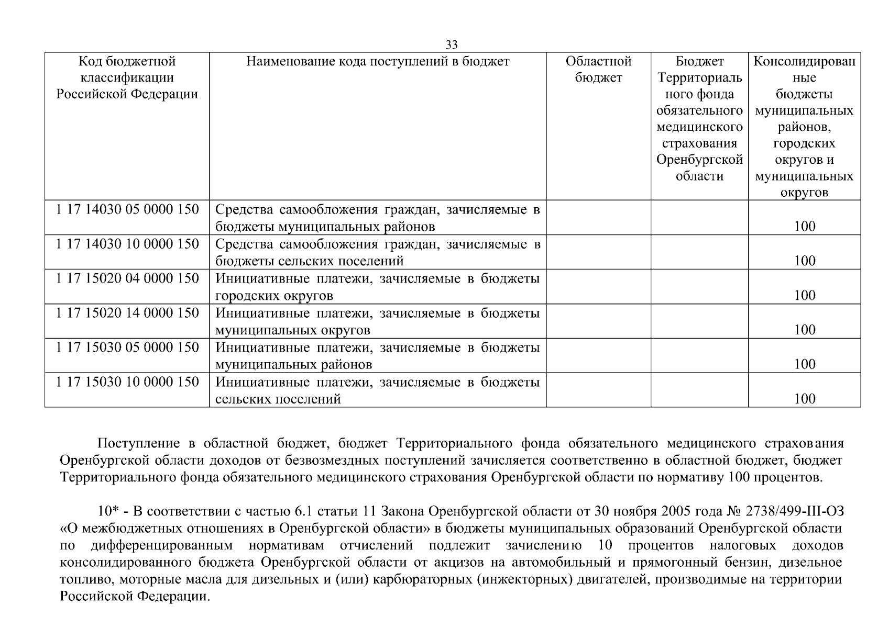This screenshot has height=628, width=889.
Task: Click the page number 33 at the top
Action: (451, 45)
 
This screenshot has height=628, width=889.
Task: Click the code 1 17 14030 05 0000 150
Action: (127, 209)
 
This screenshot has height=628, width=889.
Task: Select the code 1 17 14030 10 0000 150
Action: (127, 244)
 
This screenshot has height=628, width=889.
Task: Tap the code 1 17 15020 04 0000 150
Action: (127, 278)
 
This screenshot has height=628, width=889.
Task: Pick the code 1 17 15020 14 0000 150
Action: (127, 313)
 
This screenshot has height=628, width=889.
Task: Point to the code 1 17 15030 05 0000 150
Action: (127, 347)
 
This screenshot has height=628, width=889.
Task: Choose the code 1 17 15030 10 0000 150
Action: (127, 382)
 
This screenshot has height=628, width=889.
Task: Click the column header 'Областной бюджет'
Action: (598, 70)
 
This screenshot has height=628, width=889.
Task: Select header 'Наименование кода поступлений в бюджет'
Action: (378, 62)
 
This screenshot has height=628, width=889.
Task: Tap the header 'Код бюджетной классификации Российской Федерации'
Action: (127, 78)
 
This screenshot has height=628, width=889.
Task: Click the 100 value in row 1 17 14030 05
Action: (804, 226)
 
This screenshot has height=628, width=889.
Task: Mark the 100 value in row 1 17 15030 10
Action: (804, 399)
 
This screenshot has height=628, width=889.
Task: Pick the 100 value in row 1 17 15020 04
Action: (804, 295)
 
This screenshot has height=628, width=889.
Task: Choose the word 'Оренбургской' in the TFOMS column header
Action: (699, 160)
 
